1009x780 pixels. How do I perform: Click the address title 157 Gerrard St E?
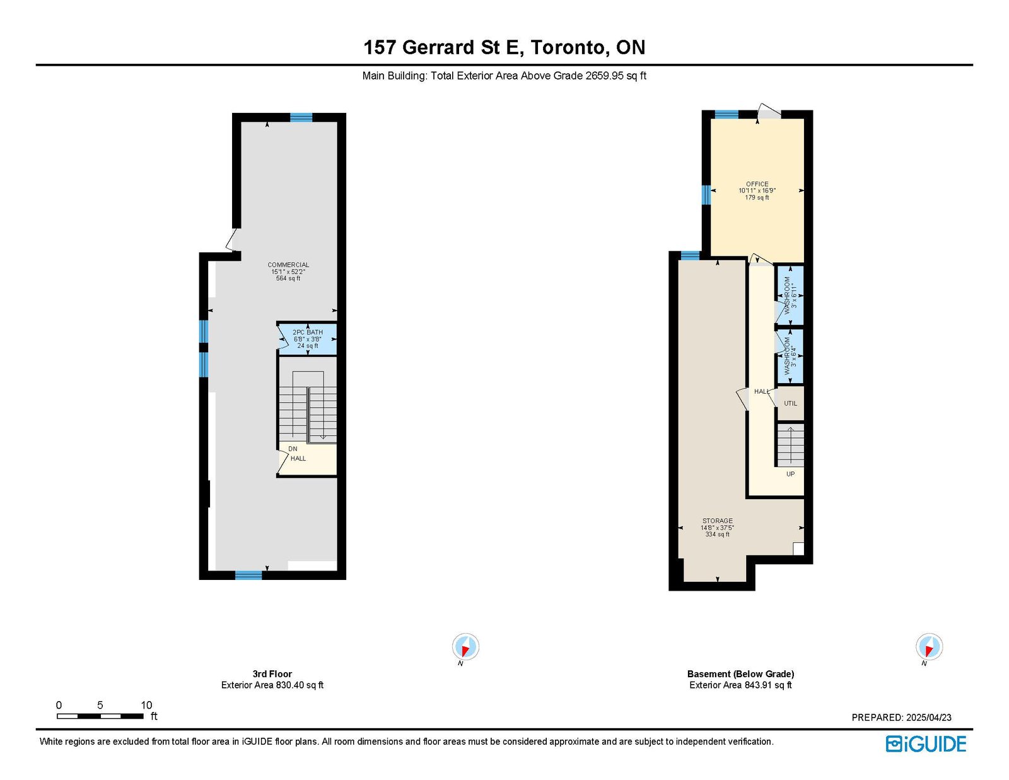click(443, 47)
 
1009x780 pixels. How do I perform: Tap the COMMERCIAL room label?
click(288, 265)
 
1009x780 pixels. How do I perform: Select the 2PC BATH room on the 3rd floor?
click(307, 339)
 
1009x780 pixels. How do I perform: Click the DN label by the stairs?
click(293, 449)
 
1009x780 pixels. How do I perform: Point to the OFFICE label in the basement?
click(757, 184)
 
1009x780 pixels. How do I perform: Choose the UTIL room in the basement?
click(790, 403)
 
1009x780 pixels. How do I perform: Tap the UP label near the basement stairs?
click(790, 474)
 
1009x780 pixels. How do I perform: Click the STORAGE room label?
click(718, 521)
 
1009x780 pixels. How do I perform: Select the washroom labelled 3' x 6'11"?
click(790, 295)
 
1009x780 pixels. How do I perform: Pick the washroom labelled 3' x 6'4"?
click(790, 357)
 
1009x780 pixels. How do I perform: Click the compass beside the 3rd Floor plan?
click(465, 647)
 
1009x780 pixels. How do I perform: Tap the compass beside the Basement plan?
click(929, 647)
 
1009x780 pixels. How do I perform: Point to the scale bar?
click(100, 716)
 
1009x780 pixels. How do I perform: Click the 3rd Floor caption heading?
click(272, 673)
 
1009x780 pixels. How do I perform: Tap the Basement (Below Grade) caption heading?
click(740, 673)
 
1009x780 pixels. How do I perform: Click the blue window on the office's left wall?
click(706, 194)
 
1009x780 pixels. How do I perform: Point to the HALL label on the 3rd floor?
click(298, 459)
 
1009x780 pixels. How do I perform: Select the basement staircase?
click(790, 445)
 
